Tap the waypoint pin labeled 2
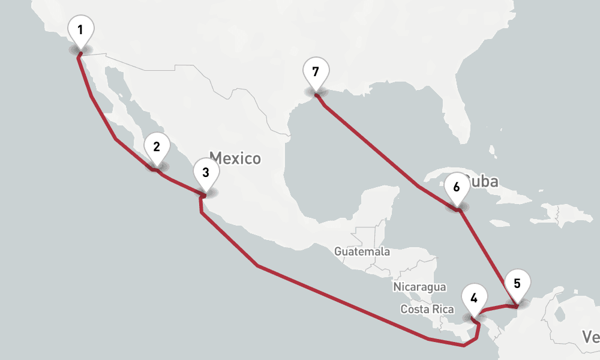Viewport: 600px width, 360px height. point(157,146)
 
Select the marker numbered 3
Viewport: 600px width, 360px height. point(206,173)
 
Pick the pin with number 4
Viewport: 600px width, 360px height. point(474,298)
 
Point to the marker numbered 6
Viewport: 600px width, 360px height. point(457,187)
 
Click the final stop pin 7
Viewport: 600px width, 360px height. point(316,71)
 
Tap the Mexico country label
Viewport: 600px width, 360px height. point(235,158)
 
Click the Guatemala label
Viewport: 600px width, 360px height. point(362,251)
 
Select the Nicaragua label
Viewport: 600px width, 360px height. point(420,287)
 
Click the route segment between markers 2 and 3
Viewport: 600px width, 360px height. point(180,182)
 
